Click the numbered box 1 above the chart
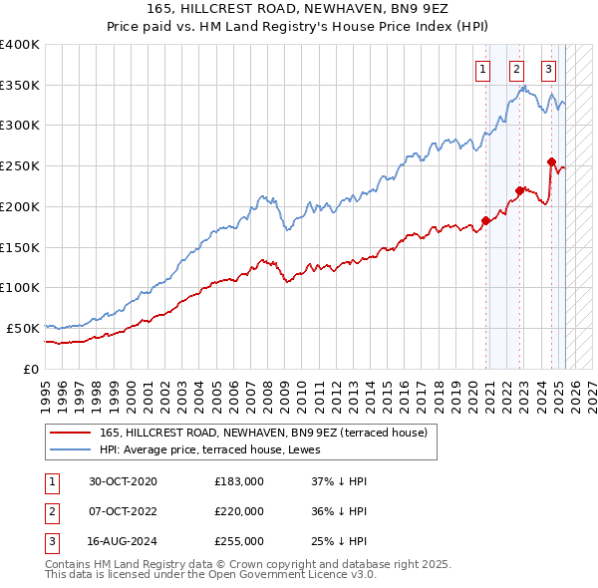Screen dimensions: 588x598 point(483,69)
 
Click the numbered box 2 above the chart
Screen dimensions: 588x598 point(516,69)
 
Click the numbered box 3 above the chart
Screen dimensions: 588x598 point(549,69)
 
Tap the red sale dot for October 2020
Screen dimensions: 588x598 point(485,220)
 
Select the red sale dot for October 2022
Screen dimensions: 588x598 point(519,190)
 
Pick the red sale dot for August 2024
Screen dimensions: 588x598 point(551,160)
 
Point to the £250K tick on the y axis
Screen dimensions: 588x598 point(20,165)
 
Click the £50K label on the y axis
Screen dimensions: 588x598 point(24,328)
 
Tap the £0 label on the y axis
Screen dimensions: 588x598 point(31,369)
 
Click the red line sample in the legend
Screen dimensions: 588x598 point(68,433)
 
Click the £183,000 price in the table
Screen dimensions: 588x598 point(238,481)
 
